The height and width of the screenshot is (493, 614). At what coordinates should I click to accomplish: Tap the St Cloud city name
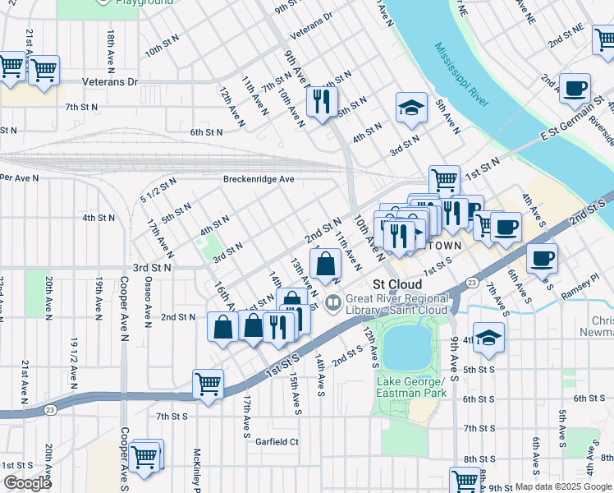[x=397, y=284]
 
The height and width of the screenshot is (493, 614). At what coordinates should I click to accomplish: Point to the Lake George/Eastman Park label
[x=410, y=388]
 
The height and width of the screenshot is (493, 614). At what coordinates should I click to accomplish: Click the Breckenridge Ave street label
[x=259, y=179]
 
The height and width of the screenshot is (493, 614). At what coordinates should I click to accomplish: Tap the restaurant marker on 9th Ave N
[x=320, y=102]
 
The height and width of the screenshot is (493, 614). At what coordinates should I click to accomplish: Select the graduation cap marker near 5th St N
[x=411, y=107]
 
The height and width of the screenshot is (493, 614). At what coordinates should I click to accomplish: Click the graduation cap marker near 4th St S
[x=488, y=338]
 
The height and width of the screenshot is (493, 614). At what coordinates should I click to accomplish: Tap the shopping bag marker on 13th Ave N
[x=326, y=265]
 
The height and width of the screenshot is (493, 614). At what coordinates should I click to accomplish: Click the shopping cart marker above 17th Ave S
[x=208, y=384]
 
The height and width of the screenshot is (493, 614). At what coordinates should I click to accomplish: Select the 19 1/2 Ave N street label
[x=74, y=362]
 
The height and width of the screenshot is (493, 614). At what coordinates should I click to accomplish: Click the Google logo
[x=27, y=483]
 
